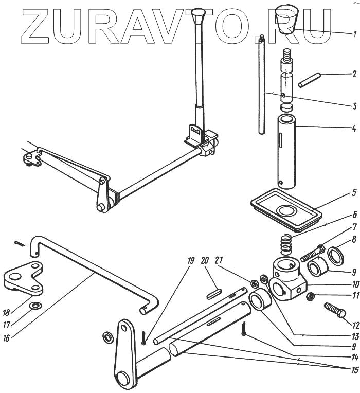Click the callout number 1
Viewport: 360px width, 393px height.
(354, 34)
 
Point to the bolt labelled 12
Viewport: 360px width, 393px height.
(335, 311)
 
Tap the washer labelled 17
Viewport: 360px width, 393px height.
(35, 307)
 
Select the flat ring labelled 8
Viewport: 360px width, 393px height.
(336, 256)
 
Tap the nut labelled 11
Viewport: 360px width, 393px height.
(310, 297)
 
